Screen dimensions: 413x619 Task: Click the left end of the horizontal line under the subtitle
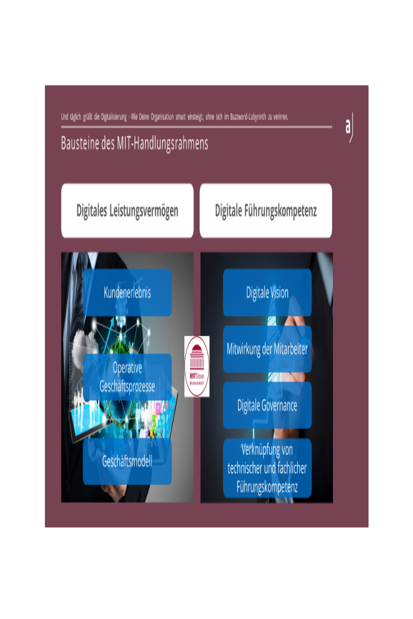click(x=61, y=127)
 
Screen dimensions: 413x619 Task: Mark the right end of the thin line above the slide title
click(x=332, y=127)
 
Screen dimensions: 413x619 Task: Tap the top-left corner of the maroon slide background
click(x=45, y=86)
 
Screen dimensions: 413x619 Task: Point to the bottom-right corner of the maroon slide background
click(x=369, y=527)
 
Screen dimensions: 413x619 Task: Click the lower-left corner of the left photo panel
click(x=61, y=502)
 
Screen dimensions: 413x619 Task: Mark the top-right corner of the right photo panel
click(x=333, y=252)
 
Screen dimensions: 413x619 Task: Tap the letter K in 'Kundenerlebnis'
click(x=106, y=292)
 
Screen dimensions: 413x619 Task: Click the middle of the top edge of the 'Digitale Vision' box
click(x=267, y=269)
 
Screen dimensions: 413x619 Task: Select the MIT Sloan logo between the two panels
click(x=197, y=366)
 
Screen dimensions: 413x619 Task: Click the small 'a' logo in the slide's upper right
click(x=349, y=127)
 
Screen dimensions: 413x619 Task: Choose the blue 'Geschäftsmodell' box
click(x=127, y=461)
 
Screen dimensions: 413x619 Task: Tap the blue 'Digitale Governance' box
click(x=267, y=405)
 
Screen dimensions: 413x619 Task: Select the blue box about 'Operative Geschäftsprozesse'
click(x=127, y=377)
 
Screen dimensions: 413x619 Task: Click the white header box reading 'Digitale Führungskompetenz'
click(x=266, y=210)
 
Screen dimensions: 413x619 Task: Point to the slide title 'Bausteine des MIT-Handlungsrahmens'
click(x=134, y=143)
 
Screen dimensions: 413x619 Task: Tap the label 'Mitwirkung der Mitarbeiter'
click(x=267, y=349)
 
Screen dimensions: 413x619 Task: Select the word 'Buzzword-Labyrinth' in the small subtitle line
click(x=248, y=117)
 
